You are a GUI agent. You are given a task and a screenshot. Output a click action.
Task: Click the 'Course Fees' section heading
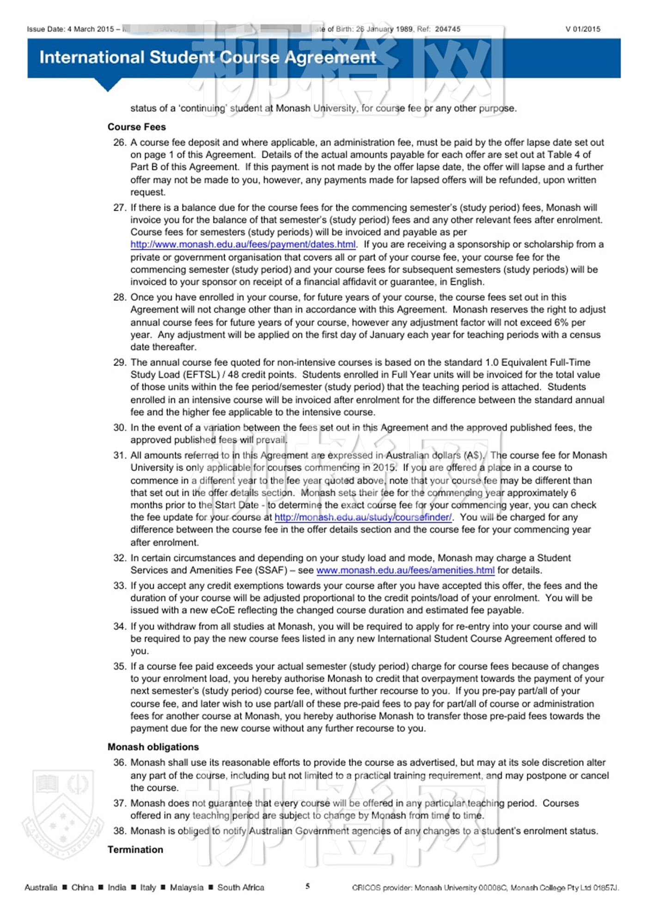(136, 127)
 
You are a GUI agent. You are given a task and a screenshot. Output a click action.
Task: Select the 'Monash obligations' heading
(153, 747)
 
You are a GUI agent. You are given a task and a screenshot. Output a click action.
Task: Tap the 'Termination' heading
(135, 849)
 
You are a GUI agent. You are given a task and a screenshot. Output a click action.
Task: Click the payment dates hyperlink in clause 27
(243, 244)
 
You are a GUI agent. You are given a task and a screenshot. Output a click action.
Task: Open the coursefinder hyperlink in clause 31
(363, 517)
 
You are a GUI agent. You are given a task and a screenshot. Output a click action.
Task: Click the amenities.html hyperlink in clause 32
(405, 570)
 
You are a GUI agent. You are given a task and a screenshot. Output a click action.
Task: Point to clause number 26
(119, 142)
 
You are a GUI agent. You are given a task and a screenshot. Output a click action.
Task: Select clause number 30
(119, 427)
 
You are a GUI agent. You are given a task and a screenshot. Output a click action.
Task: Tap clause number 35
(119, 666)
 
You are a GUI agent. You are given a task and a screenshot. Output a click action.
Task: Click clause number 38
(119, 831)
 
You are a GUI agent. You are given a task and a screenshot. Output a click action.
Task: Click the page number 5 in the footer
(307, 886)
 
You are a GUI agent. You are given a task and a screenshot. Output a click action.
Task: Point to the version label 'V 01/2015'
(583, 29)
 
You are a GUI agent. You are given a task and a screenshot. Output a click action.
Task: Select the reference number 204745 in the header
(447, 29)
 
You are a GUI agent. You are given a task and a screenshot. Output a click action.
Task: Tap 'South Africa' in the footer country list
(241, 887)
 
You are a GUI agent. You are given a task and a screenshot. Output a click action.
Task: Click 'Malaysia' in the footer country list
(186, 887)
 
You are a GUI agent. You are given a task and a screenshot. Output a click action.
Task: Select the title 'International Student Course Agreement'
(208, 57)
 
